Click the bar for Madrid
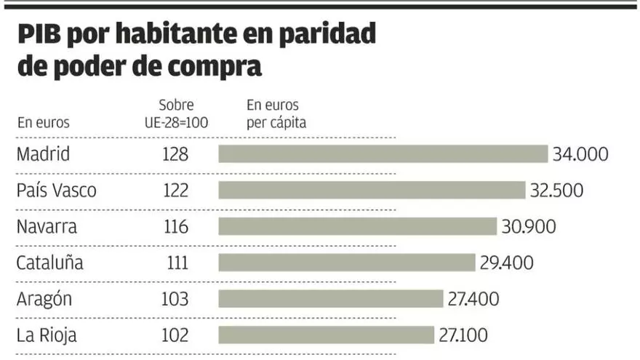coord(383,154)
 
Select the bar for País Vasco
coord(372,191)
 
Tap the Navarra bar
coord(357,226)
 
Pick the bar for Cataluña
coord(346,263)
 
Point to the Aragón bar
coord(331,299)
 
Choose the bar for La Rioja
coord(327,335)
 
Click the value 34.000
coord(580,154)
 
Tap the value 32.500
coord(556,191)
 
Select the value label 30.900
coord(529,226)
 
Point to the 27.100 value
coord(463,335)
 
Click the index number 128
coord(176,154)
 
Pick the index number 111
coord(176,263)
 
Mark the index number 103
coord(176,299)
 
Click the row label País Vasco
coord(56,191)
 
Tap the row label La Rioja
coord(47,335)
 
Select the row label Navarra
coord(47,226)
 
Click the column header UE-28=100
coord(176,121)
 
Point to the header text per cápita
coord(276,122)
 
